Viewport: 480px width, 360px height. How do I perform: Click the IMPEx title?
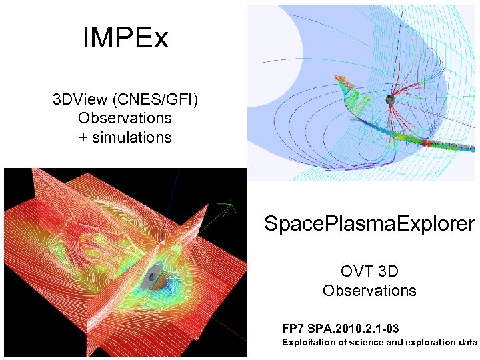(125, 38)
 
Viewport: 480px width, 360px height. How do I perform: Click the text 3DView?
(81, 99)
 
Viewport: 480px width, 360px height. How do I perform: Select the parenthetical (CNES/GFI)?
(155, 99)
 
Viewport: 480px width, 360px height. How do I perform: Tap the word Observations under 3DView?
(125, 118)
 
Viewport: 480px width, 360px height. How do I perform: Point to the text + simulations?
(125, 137)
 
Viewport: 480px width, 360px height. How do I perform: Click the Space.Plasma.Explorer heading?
(369, 223)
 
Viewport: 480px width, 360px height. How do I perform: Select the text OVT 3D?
(369, 271)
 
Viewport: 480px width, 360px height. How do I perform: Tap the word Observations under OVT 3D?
(369, 291)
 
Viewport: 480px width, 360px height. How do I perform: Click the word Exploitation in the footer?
(307, 343)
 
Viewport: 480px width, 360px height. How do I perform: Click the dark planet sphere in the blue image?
(390, 99)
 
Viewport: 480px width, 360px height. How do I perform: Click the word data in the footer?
(468, 343)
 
